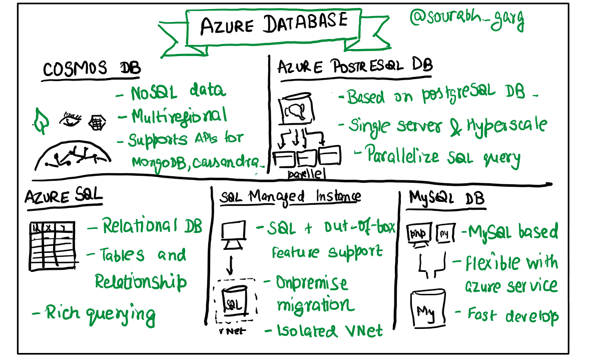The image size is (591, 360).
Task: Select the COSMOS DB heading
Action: coord(91,69)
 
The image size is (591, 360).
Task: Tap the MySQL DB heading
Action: coord(446,198)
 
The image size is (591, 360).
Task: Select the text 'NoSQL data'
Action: coord(178,92)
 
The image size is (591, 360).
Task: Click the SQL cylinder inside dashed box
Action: coord(235,301)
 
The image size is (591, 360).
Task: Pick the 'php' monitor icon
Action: coord(419,233)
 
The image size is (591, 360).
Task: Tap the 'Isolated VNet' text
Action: coord(330,330)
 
